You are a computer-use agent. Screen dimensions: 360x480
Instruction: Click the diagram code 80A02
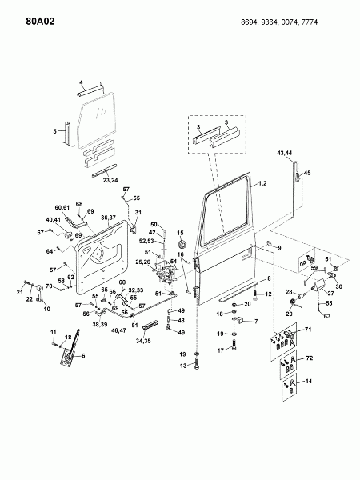[x=40, y=22]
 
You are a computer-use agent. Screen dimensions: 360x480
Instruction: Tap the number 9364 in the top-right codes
[x=270, y=22]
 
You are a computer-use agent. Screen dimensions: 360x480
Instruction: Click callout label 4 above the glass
[x=81, y=82]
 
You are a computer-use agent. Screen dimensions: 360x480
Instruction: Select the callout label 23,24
[x=110, y=180]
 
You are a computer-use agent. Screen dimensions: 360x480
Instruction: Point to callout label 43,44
[x=285, y=153]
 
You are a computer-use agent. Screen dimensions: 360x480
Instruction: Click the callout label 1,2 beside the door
[x=262, y=183]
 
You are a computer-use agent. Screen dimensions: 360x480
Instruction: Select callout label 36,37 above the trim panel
[x=108, y=218]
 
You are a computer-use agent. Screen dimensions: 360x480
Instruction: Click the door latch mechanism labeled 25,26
[x=166, y=271]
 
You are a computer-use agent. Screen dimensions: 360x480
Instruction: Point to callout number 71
[x=308, y=330]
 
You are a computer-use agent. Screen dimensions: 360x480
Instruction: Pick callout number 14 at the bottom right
[x=309, y=381]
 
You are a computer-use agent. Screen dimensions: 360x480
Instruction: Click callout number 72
[x=310, y=358]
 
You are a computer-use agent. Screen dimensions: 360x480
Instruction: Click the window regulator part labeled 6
[x=70, y=349]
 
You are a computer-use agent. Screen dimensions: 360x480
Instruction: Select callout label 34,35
[x=143, y=341]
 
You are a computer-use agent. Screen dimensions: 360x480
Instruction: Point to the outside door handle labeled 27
[x=319, y=284]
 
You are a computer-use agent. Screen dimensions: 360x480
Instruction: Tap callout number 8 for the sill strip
[x=269, y=278]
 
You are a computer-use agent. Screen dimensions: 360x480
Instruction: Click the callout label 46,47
[x=119, y=331]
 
